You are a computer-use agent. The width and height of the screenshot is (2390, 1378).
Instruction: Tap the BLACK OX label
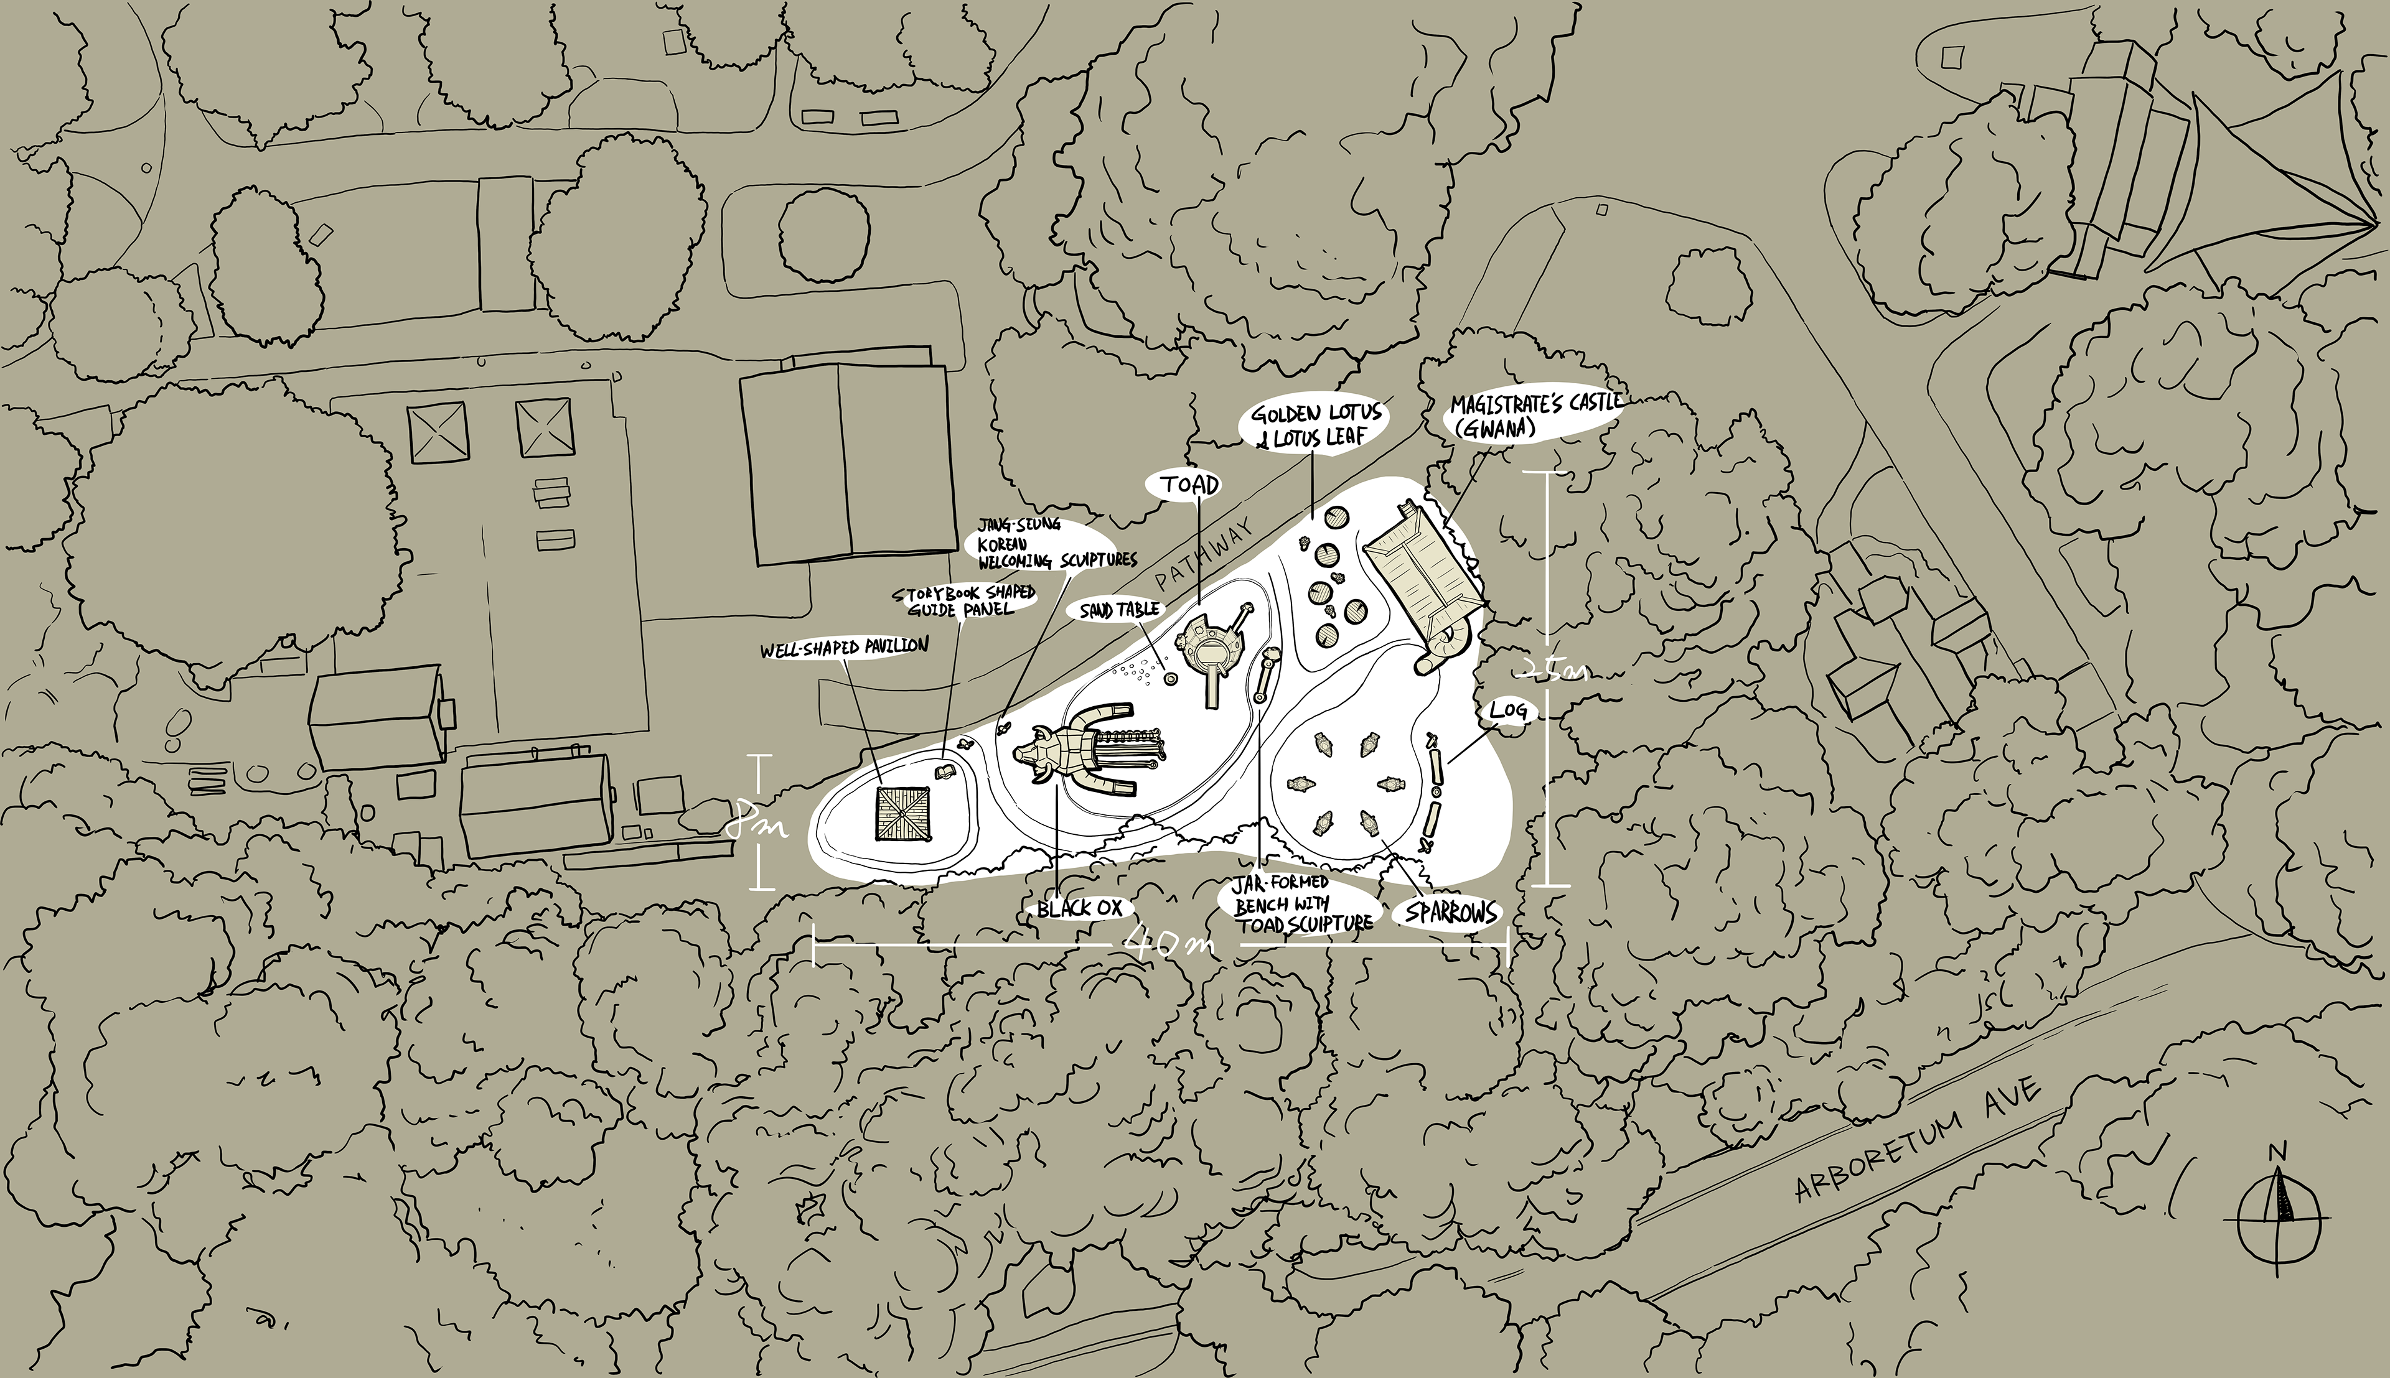click(1079, 908)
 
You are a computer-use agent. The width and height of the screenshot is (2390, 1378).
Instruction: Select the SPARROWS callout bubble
click(1451, 913)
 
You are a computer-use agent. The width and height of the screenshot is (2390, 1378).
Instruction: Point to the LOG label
click(1508, 710)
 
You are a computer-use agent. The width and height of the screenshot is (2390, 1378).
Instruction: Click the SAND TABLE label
click(1120, 610)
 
